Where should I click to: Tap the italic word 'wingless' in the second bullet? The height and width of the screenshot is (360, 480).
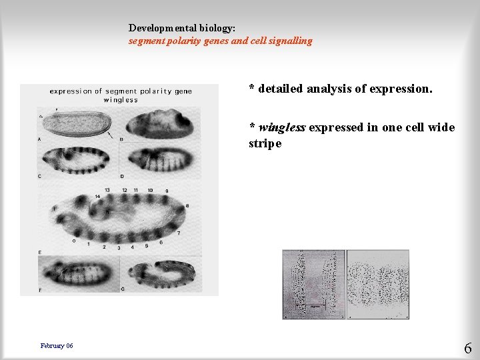click(282, 127)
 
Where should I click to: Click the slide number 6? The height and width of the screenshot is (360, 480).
click(467, 348)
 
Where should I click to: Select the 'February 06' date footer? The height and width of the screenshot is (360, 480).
click(57, 345)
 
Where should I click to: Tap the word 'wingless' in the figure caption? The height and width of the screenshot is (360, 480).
click(121, 100)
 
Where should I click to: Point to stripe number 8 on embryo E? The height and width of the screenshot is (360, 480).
click(186, 206)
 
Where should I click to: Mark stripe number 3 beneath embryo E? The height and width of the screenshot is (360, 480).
click(119, 247)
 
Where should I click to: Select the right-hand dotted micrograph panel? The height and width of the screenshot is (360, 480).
click(377, 284)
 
